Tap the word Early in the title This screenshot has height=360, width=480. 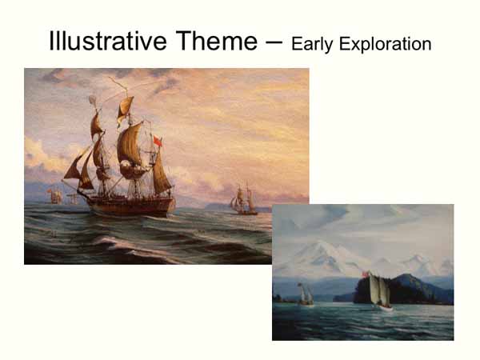pyautogui.click(x=313, y=43)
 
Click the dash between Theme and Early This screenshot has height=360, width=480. pyautogui.click(x=272, y=42)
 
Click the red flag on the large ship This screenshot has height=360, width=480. pyautogui.click(x=158, y=142)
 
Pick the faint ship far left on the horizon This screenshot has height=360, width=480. pyautogui.click(x=54, y=195)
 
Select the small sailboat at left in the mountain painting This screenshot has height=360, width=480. pyautogui.click(x=305, y=295)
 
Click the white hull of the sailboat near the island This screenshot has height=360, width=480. pyautogui.click(x=384, y=308)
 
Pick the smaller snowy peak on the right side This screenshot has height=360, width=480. pyautogui.click(x=419, y=260)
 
